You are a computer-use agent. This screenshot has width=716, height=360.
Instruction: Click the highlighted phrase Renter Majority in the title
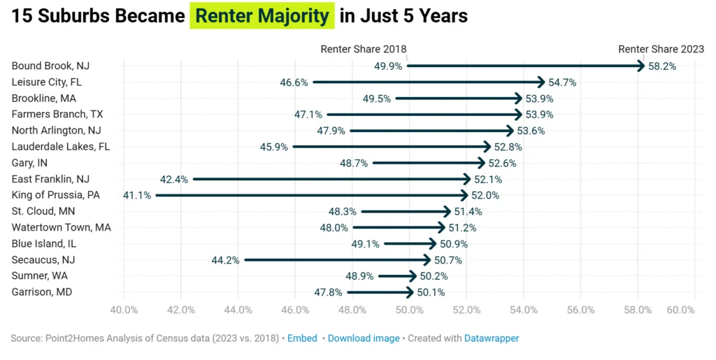pyautogui.click(x=262, y=16)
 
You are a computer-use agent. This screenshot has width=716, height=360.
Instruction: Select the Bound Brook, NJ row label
pyautogui.click(x=51, y=66)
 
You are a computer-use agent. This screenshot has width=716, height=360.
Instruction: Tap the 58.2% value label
pyautogui.click(x=662, y=66)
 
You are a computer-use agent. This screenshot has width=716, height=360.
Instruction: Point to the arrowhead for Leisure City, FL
pyautogui.click(x=541, y=82)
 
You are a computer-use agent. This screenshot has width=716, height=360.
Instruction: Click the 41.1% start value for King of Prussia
pyautogui.click(x=136, y=195)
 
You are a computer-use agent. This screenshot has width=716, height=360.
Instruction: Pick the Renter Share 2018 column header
pyautogui.click(x=363, y=49)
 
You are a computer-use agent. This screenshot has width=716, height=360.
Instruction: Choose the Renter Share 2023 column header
pyautogui.click(x=661, y=49)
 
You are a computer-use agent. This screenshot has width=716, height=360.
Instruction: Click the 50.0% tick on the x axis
pyautogui.click(x=409, y=310)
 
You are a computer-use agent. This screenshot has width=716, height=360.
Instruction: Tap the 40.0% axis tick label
pyautogui.click(x=124, y=310)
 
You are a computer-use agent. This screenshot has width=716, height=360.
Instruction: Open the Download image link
pyautogui.click(x=364, y=338)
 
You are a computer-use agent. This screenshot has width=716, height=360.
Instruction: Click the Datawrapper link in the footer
pyautogui.click(x=492, y=338)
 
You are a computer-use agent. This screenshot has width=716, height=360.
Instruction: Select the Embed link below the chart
pyautogui.click(x=303, y=338)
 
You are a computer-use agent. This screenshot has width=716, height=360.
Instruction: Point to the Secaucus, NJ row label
pyautogui.click(x=43, y=259)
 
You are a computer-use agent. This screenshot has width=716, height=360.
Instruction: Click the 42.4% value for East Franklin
pyautogui.click(x=174, y=179)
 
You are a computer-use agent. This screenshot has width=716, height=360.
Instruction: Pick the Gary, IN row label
pyautogui.click(x=29, y=163)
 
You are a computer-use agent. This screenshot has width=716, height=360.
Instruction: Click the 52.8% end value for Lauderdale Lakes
pyautogui.click(x=508, y=147)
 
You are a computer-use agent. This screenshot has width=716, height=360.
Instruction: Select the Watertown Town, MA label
pyautogui.click(x=62, y=227)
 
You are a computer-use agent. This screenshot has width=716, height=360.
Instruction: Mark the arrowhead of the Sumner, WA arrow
pyautogui.click(x=414, y=276)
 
